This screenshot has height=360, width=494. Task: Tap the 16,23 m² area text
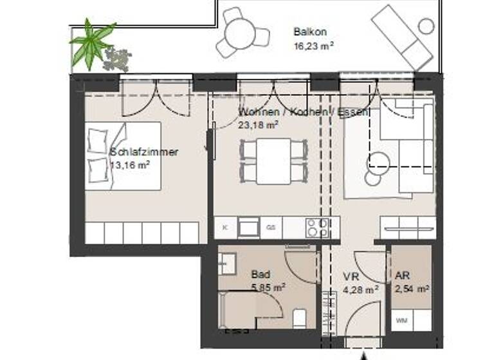315,46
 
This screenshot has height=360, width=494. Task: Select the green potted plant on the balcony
91,42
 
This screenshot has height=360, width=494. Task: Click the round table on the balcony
241,32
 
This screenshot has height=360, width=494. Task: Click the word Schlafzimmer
144,152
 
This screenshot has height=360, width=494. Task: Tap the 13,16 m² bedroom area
130,165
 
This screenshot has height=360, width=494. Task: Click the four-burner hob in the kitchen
318,228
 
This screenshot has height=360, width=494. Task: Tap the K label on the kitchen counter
224,228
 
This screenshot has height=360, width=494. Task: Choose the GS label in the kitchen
271,228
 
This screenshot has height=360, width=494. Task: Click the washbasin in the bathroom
226,262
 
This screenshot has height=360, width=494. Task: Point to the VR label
350,277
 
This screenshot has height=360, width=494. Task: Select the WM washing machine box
401,319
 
